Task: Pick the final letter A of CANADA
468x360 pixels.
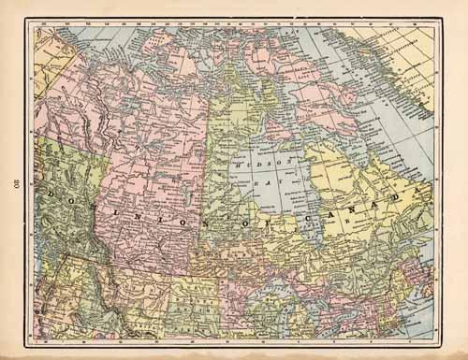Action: (406, 196)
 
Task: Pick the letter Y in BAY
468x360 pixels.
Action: (280, 184)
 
